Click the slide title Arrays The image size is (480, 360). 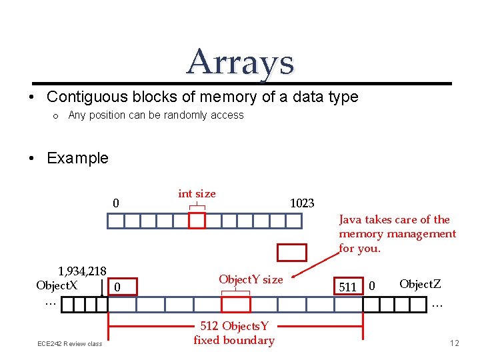point(240,62)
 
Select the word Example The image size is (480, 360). point(77,158)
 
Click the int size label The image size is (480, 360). point(197,194)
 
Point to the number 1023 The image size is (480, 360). point(302,203)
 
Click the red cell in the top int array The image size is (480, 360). point(197,221)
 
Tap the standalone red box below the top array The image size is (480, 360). point(291,252)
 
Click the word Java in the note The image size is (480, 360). point(351,219)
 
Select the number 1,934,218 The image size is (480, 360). point(82,271)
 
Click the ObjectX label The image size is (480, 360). point(57,285)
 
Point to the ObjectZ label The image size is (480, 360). point(420,284)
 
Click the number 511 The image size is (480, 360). point(347,287)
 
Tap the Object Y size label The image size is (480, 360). point(251,279)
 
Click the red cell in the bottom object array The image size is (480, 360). point(236,304)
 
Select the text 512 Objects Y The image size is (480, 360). point(235,326)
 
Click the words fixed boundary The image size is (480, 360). point(234,340)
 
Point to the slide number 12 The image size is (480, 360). point(455,343)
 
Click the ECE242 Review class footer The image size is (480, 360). point(69,343)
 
